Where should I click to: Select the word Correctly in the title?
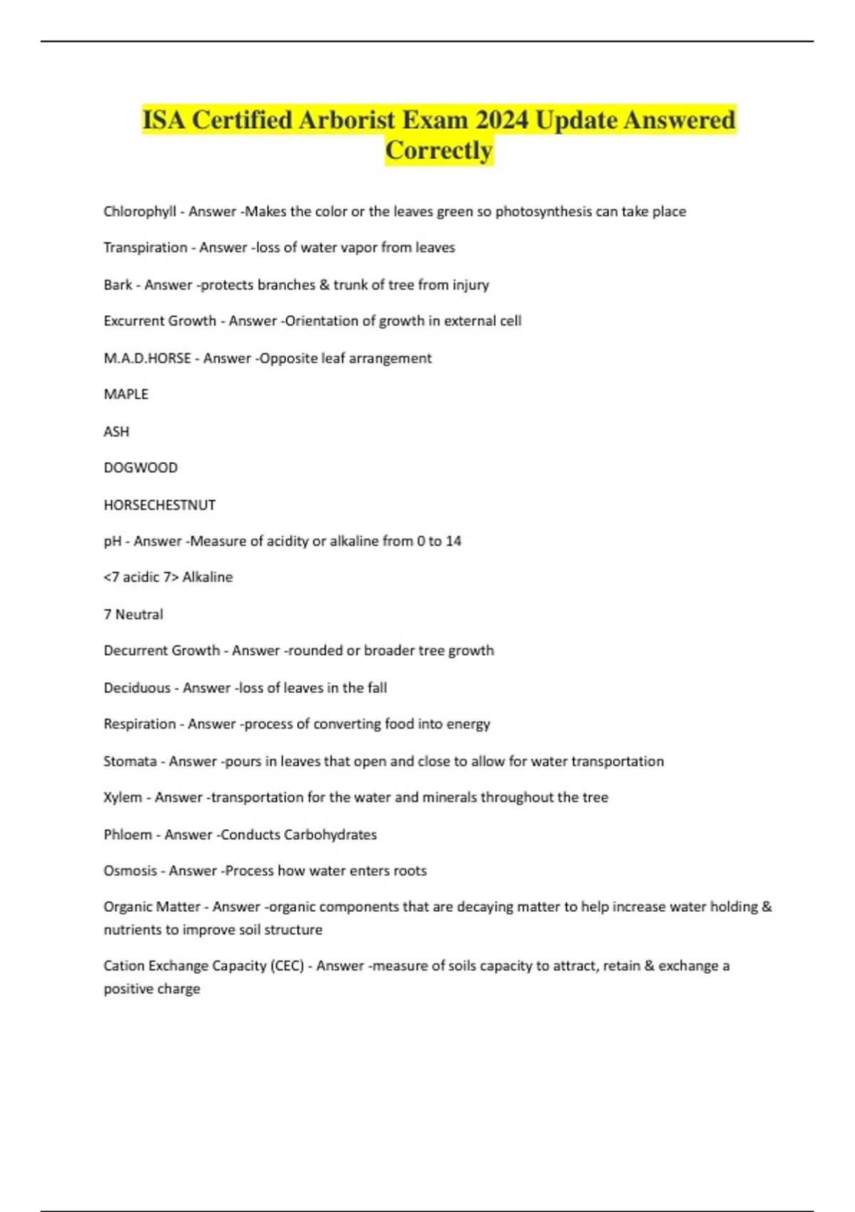click(x=439, y=150)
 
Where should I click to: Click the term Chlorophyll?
click(x=140, y=212)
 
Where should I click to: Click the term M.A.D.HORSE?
click(x=147, y=358)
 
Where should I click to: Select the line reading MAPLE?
click(x=126, y=394)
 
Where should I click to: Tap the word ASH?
click(x=116, y=431)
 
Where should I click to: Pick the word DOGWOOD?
click(x=140, y=468)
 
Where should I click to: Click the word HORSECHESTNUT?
click(x=160, y=505)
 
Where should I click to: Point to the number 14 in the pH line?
click(x=453, y=541)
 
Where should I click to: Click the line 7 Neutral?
click(x=133, y=615)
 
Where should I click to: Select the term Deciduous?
click(x=137, y=688)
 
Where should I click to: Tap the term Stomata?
click(x=130, y=761)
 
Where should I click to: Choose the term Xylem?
click(x=123, y=798)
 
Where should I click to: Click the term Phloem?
click(x=128, y=835)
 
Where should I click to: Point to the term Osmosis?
click(x=130, y=871)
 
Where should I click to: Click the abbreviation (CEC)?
click(x=287, y=966)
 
